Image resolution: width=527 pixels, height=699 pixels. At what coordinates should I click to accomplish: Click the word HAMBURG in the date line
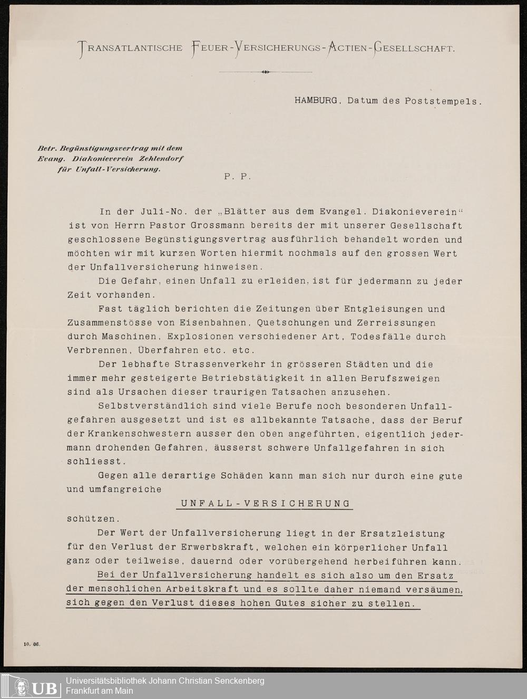[316, 100]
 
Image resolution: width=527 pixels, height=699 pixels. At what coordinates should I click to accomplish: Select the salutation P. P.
[238, 177]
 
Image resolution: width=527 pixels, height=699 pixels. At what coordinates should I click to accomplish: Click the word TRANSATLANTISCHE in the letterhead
[130, 49]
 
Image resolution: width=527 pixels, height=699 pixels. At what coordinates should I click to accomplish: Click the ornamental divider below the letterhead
[265, 72]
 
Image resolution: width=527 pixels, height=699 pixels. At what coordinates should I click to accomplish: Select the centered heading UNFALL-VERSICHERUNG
[265, 503]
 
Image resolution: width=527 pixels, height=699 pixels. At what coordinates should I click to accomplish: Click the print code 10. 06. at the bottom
[32, 644]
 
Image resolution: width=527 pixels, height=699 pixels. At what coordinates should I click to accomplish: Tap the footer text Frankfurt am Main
[99, 691]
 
